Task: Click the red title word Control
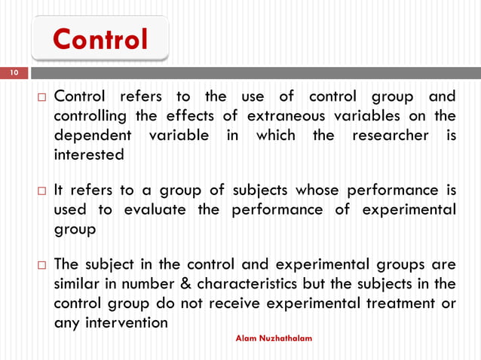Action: [100, 40]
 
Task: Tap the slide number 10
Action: [13, 73]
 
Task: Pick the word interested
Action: [88, 156]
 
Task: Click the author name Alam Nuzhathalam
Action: [274, 339]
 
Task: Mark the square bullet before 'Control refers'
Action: [41, 98]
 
